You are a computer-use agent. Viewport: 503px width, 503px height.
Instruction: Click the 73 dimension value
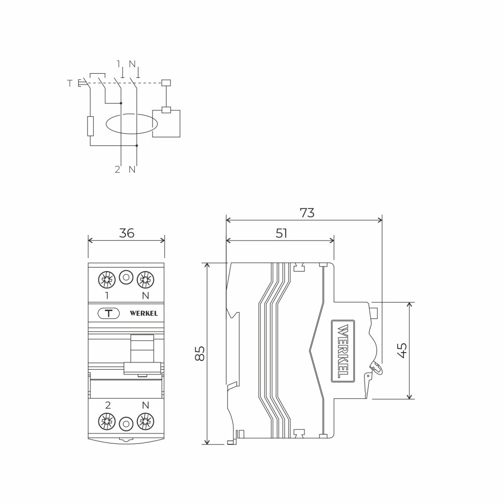(307, 213)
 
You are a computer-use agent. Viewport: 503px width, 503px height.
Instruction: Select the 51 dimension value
(281, 233)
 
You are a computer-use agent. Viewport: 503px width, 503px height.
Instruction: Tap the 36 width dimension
(127, 233)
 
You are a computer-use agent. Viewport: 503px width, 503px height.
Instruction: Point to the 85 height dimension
(200, 353)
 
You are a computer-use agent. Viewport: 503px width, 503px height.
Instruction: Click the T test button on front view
(108, 313)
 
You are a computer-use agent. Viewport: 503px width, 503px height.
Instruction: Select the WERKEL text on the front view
(144, 313)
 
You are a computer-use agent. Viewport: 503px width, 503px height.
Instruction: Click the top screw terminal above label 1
(107, 280)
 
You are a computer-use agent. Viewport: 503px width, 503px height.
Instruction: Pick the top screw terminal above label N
(145, 280)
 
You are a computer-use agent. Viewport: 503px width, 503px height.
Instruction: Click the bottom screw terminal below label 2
(107, 422)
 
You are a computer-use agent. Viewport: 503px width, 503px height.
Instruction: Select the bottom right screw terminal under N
(145, 422)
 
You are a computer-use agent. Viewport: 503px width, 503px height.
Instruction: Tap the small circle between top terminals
(126, 278)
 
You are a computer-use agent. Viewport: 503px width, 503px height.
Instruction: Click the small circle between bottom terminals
(126, 424)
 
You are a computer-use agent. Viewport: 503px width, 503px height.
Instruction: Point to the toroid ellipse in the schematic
(132, 124)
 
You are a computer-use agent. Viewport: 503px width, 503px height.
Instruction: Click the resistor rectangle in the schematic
(91, 126)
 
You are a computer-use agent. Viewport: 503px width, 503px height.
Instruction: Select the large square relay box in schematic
(166, 124)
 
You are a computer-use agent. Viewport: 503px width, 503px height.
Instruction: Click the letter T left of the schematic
(70, 83)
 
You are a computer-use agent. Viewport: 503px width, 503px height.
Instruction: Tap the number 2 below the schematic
(118, 170)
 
